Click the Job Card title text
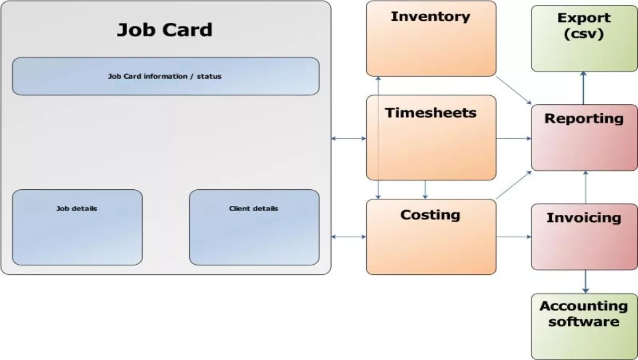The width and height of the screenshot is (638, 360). pos(164,29)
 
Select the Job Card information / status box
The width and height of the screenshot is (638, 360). pos(165,76)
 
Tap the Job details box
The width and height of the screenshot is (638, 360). pos(77,227)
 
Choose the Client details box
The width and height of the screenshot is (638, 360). pos(254,227)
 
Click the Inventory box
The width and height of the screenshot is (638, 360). pos(431,38)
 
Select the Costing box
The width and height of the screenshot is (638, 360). pos(431,237)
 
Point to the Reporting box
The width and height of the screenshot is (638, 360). pos(584,137)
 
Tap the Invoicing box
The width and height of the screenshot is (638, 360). pos(584,236)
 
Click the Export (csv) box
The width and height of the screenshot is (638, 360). pos(584,38)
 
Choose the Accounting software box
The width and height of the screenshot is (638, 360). pos(584,326)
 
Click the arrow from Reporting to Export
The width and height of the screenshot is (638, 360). pos(583,88)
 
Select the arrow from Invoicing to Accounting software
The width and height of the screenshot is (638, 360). pos(585,281)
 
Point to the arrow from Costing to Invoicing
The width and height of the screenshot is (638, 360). pos(514,236)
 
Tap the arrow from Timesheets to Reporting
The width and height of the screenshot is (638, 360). pos(514,139)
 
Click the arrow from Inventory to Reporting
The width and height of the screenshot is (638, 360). pos(514,90)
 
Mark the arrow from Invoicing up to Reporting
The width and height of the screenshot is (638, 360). pos(585,187)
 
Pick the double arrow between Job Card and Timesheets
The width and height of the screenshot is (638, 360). pos(349,139)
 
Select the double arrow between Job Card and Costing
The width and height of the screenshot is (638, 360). pos(349,236)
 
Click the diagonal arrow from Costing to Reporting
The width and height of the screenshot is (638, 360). pos(514,185)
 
